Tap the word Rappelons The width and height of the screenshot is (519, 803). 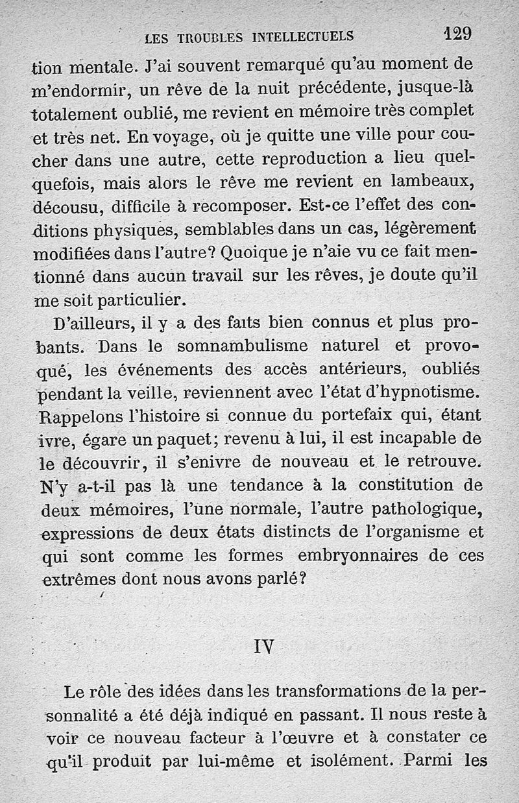point(73,415)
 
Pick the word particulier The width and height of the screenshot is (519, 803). point(139,299)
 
